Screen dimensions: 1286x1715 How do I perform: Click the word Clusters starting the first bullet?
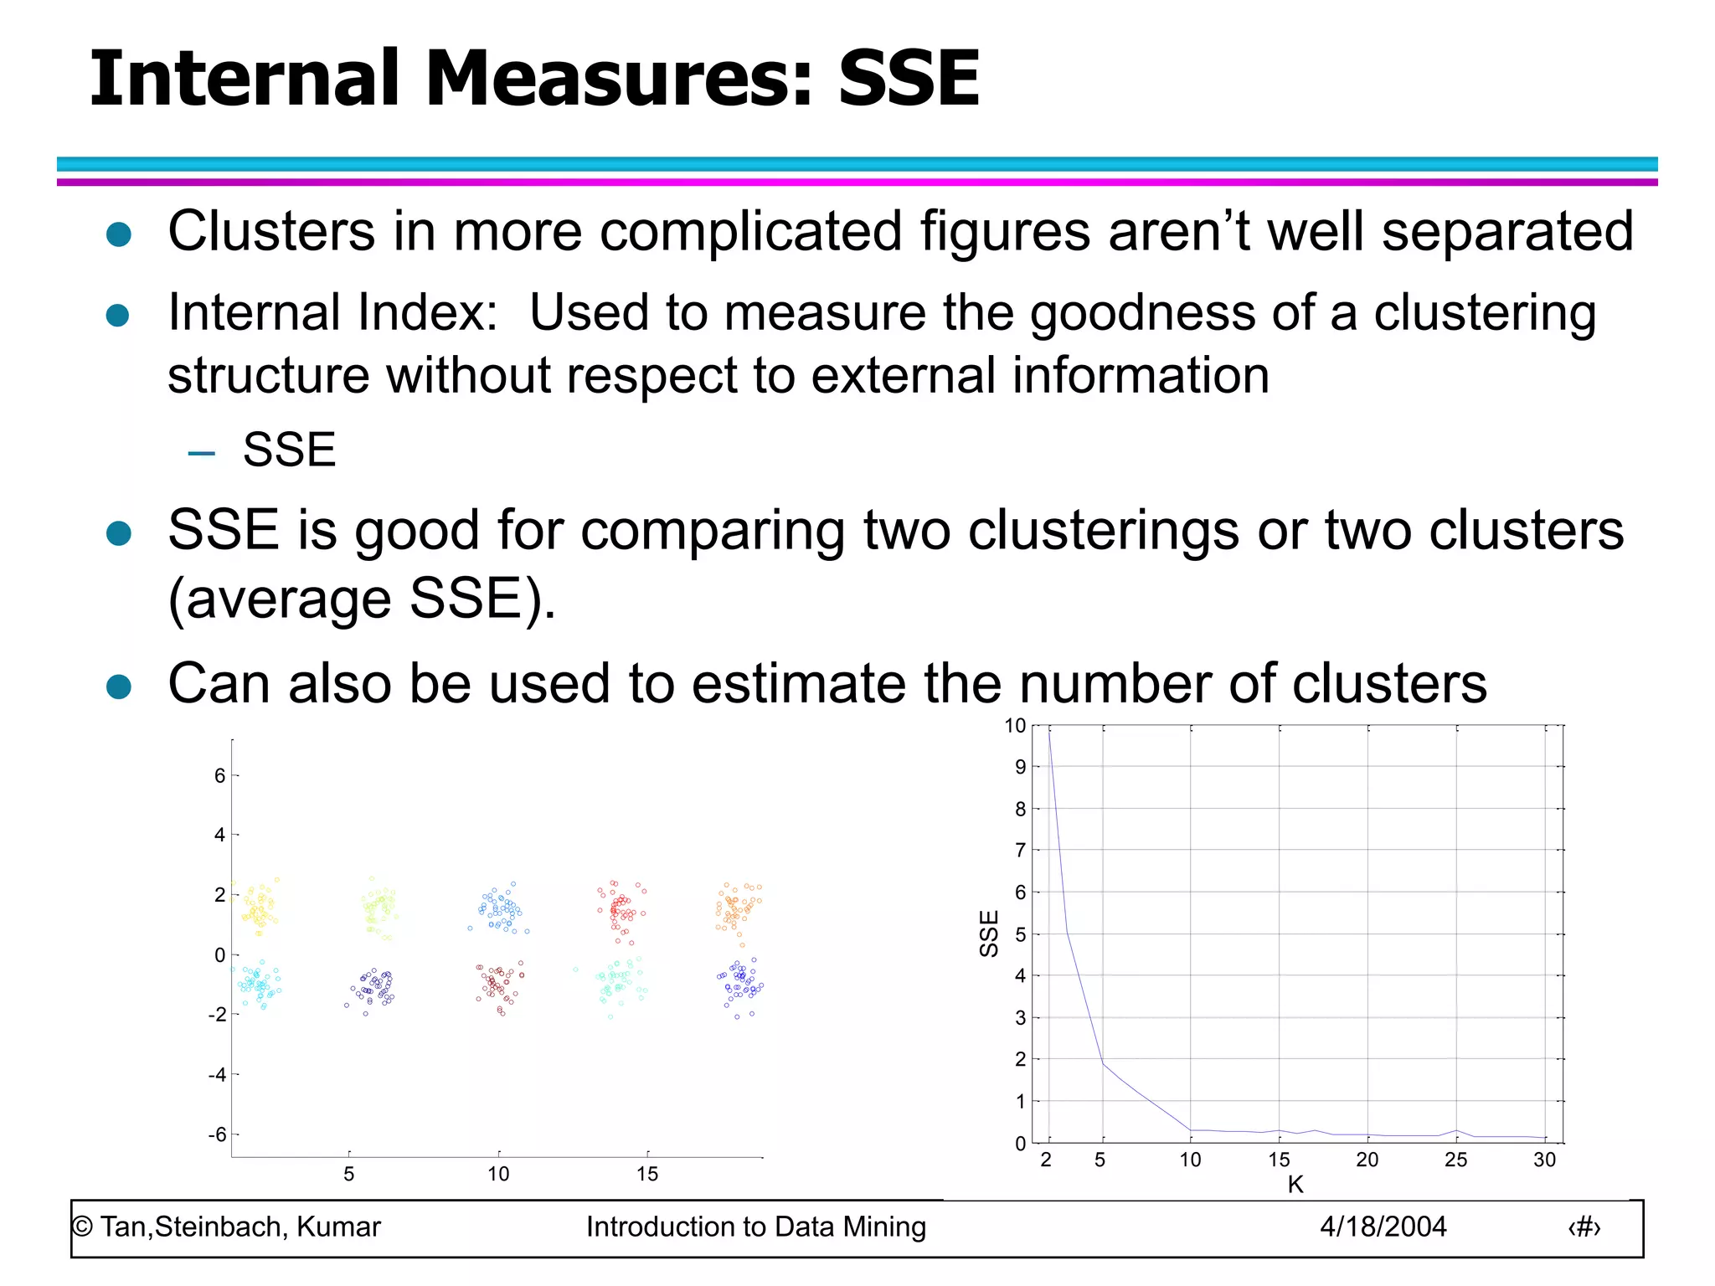pos(271,231)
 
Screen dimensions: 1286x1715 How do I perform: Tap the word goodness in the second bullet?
pos(1142,313)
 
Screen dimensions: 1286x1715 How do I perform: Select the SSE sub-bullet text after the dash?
pos(289,450)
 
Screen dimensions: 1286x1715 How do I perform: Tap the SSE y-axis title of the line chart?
pos(989,933)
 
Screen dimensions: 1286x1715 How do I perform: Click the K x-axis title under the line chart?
pos(1295,1185)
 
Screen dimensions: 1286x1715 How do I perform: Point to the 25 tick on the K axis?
pos(1455,1160)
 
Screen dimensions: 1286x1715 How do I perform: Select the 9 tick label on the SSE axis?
pos(1020,767)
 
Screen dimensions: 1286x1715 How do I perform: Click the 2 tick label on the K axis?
pos(1046,1160)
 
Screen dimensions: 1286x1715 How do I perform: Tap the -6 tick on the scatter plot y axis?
pos(217,1134)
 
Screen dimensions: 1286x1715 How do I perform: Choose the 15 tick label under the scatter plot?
pos(647,1174)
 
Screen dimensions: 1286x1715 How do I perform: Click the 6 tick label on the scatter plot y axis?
pos(220,776)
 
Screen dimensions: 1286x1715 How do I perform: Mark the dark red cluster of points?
pos(500,985)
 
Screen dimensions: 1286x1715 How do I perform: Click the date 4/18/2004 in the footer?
pos(1383,1227)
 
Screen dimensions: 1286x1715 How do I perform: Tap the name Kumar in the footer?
pos(338,1227)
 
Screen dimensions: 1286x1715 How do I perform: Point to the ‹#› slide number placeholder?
pos(1584,1227)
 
